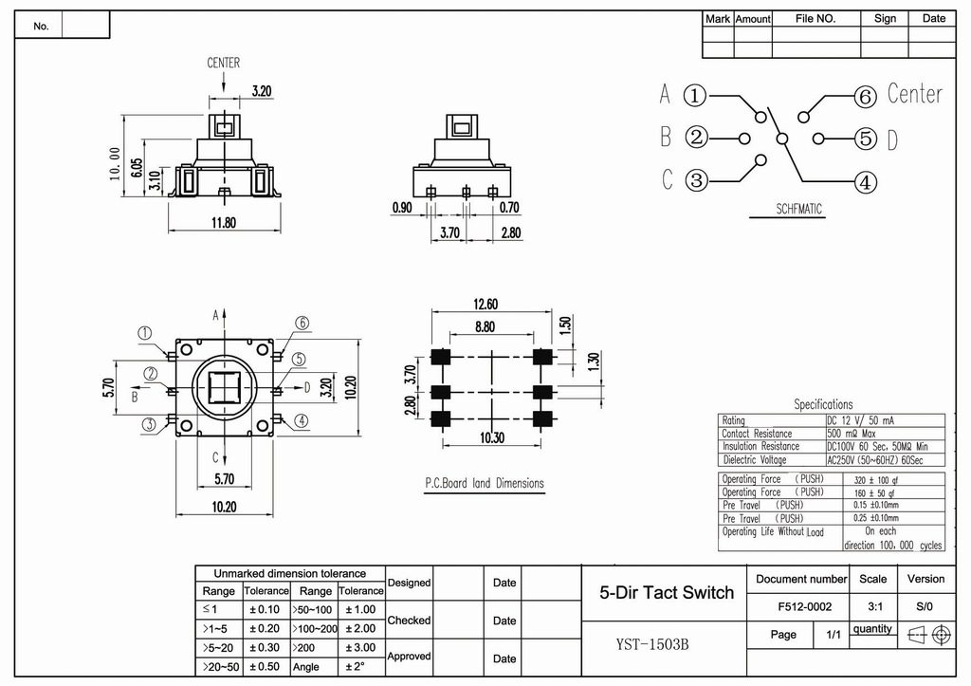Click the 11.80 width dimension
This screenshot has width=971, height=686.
(x=223, y=223)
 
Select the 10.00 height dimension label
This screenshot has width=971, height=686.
(x=115, y=164)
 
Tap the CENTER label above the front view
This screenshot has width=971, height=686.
(x=224, y=63)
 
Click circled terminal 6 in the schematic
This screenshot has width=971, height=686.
(x=864, y=97)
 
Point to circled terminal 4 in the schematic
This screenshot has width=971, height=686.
(x=864, y=181)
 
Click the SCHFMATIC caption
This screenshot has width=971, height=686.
(x=799, y=209)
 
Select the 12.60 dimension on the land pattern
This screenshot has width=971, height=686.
(x=486, y=304)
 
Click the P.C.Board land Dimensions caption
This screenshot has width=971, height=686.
(x=485, y=483)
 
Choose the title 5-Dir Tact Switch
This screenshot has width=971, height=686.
(x=667, y=593)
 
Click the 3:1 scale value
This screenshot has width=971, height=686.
(x=872, y=606)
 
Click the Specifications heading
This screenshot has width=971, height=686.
(x=823, y=404)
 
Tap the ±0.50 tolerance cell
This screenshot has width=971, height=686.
(x=265, y=666)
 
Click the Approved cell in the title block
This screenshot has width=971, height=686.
(x=409, y=656)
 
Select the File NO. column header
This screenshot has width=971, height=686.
(x=815, y=18)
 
